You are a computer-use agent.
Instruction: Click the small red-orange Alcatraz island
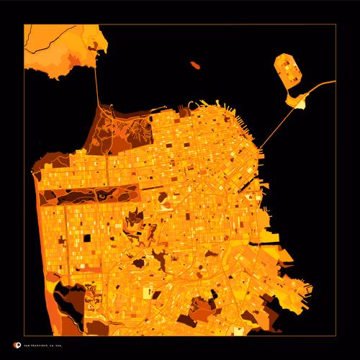[x=195, y=66]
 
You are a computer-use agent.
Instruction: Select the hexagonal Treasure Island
[x=287, y=70]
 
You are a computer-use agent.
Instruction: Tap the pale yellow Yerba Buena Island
[x=297, y=102]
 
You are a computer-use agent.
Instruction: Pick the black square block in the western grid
[x=87, y=237]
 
